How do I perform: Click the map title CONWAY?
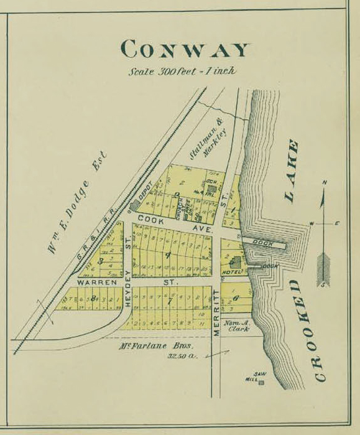click(x=185, y=49)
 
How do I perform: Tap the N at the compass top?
click(x=325, y=182)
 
